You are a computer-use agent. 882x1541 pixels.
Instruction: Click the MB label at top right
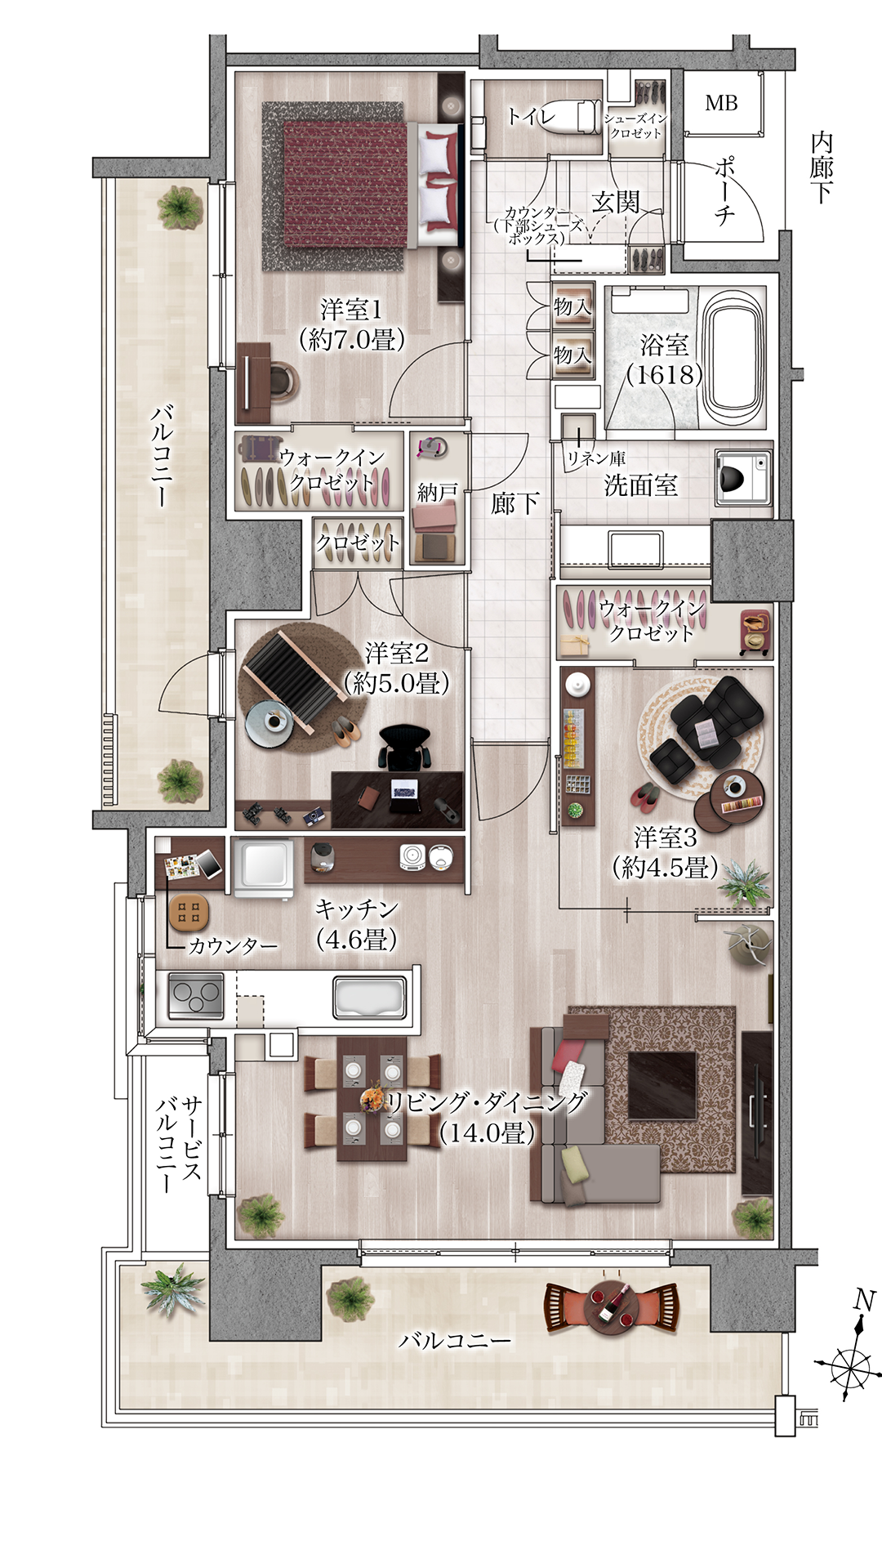[721, 103]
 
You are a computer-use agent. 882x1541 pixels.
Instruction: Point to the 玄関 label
[616, 201]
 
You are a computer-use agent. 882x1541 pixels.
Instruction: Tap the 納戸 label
[437, 492]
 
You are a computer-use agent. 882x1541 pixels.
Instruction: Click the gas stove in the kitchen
[196, 996]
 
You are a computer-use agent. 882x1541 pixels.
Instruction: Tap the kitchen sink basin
[370, 997]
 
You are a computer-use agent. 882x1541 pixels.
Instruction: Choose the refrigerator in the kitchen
[263, 867]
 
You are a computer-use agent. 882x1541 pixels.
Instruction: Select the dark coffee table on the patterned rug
[662, 1085]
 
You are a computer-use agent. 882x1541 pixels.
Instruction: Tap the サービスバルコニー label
[179, 1144]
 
